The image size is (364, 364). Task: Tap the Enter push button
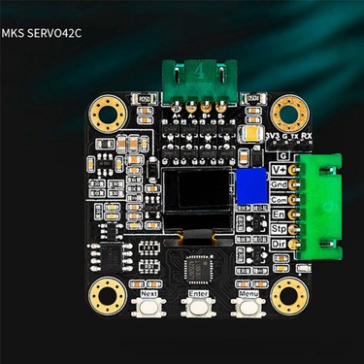tap(199, 307)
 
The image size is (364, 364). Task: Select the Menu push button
tap(248, 307)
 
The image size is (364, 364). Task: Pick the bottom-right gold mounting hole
tap(289, 292)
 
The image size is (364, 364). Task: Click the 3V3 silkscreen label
tap(272, 137)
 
